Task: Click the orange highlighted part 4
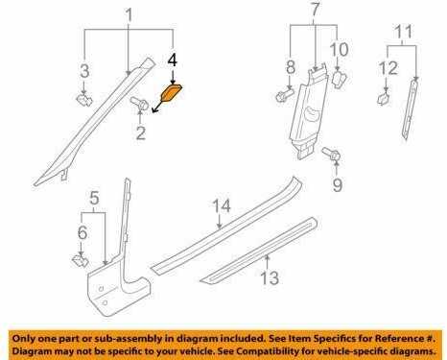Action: pyautogui.click(x=172, y=92)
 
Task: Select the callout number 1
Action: pyautogui.click(x=129, y=15)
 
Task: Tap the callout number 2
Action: pyautogui.click(x=141, y=132)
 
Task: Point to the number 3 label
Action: pyautogui.click(x=84, y=71)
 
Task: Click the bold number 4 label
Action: pyautogui.click(x=173, y=60)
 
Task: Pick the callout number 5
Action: pyautogui.click(x=94, y=198)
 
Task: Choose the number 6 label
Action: pyautogui.click(x=82, y=232)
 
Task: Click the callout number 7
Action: pyautogui.click(x=315, y=10)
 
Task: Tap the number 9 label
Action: pyautogui.click(x=338, y=185)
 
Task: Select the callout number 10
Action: pyautogui.click(x=339, y=49)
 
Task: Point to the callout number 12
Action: pyautogui.click(x=388, y=68)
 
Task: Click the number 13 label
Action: pyautogui.click(x=270, y=277)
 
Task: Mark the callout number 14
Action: pyautogui.click(x=222, y=206)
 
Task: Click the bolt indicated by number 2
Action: pyautogui.click(x=139, y=104)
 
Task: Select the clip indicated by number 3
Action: pyautogui.click(x=84, y=100)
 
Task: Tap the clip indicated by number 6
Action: pyautogui.click(x=79, y=260)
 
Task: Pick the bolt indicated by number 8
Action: pyautogui.click(x=285, y=95)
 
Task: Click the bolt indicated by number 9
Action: pyautogui.click(x=332, y=154)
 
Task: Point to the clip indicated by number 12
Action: pyautogui.click(x=383, y=98)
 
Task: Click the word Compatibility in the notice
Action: pyautogui.click(x=266, y=351)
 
